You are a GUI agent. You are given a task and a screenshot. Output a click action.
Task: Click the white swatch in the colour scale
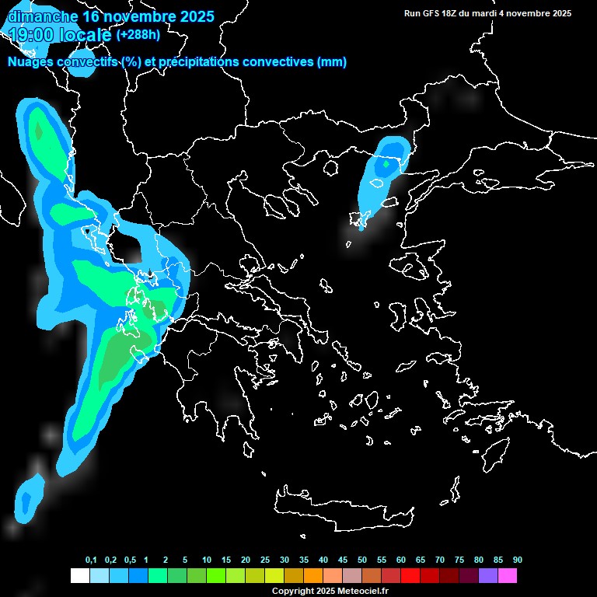coord(79,576)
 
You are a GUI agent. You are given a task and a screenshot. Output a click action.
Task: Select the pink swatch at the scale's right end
coord(508,576)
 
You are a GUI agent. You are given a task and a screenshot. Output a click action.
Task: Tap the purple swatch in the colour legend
coord(488,576)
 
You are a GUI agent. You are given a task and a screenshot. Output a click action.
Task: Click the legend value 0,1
coord(91,560)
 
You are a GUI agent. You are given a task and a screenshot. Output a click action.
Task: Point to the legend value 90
coord(517,560)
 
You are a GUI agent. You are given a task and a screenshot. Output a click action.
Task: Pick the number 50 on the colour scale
coord(362,560)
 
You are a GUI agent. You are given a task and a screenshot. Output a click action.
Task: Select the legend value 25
coord(265,560)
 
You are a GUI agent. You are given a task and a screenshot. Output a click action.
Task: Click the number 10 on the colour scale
coord(207,560)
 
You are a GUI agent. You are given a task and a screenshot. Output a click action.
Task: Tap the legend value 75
coord(459,560)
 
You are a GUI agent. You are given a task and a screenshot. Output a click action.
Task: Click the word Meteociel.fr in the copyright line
coord(362,592)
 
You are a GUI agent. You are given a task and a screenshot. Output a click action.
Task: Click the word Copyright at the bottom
coord(293,592)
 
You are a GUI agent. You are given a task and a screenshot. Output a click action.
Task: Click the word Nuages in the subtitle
coord(30,62)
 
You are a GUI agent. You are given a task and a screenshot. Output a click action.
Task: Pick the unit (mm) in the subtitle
coord(332,62)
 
